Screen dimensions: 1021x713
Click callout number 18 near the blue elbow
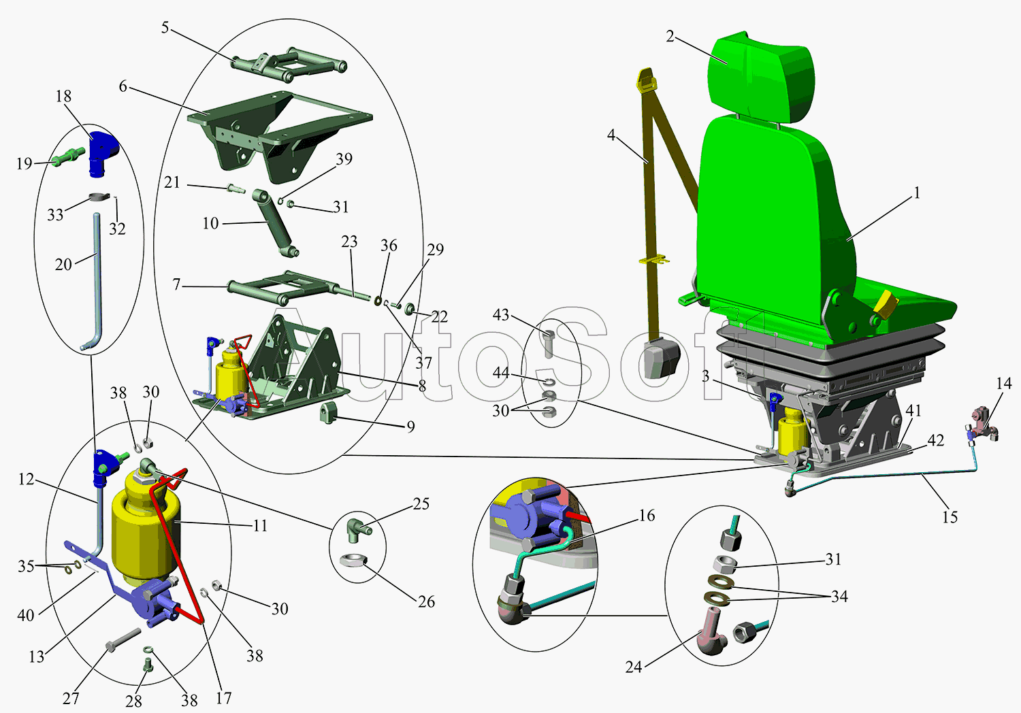click(x=63, y=97)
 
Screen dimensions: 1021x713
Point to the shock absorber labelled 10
click(x=274, y=225)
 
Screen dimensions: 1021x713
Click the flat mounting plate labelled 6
click(x=279, y=129)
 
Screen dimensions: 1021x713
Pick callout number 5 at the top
click(x=165, y=28)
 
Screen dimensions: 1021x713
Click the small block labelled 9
click(x=329, y=412)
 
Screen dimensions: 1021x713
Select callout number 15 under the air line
click(x=950, y=517)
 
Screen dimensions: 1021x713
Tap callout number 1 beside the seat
click(x=917, y=193)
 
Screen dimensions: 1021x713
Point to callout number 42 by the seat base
click(x=936, y=440)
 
